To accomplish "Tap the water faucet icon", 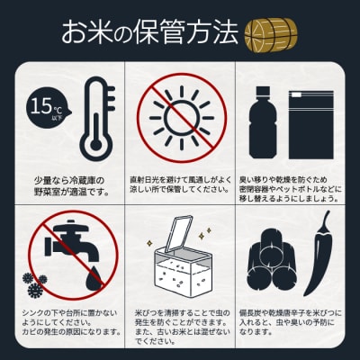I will coord(68,247).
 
